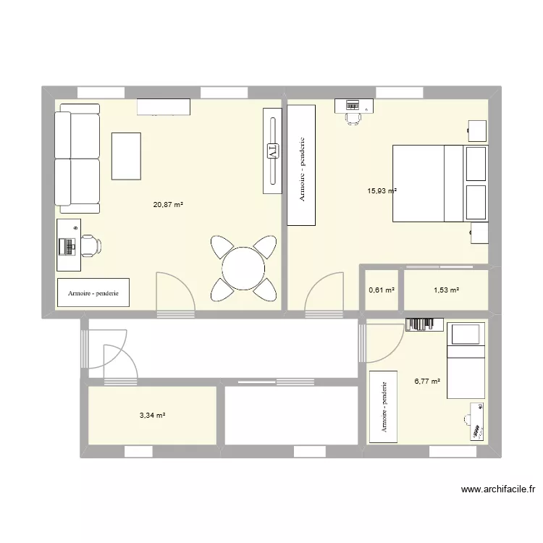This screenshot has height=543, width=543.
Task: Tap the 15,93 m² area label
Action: (x=382, y=191)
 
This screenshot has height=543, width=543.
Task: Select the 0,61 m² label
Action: (x=382, y=290)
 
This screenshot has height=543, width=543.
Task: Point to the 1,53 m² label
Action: (x=446, y=290)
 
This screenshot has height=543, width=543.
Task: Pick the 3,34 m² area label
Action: (x=153, y=416)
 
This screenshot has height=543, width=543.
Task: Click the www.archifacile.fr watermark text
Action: (x=497, y=489)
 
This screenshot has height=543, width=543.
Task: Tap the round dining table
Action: (x=243, y=269)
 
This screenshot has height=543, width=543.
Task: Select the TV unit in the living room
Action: (x=271, y=151)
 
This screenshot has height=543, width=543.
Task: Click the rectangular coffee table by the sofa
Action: (x=127, y=155)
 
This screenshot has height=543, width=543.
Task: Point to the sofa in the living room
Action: (x=76, y=159)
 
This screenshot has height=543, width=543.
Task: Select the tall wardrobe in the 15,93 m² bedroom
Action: (x=302, y=165)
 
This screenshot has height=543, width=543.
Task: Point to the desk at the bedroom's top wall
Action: (x=354, y=106)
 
